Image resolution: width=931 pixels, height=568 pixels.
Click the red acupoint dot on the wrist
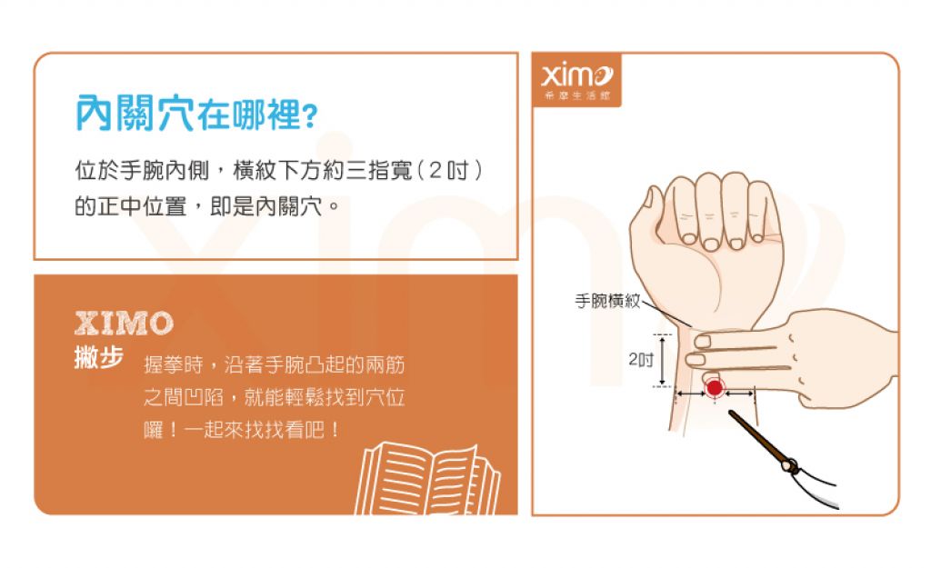pos(715,388)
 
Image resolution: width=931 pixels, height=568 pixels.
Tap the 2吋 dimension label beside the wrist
pos(641,359)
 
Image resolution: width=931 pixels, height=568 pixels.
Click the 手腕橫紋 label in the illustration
pos(607,301)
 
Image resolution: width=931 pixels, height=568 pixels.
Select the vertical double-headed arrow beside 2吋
pos(663,360)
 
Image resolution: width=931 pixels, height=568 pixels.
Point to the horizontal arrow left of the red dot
pos(691,393)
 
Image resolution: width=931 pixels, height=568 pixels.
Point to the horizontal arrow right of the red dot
pos(739,393)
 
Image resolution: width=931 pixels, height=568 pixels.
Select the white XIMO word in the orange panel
pos(124,324)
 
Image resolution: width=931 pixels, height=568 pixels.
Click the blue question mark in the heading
pos(311,116)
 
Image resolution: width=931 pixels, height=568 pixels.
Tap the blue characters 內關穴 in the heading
pos(135,113)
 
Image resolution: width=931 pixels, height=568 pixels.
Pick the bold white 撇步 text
pos(98,357)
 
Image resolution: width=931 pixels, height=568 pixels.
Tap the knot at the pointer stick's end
pos(790,465)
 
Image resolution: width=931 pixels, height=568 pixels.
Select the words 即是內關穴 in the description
pos(266,206)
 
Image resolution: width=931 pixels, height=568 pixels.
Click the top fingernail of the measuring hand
pos(703,342)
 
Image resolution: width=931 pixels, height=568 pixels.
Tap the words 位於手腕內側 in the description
pos(142,171)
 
